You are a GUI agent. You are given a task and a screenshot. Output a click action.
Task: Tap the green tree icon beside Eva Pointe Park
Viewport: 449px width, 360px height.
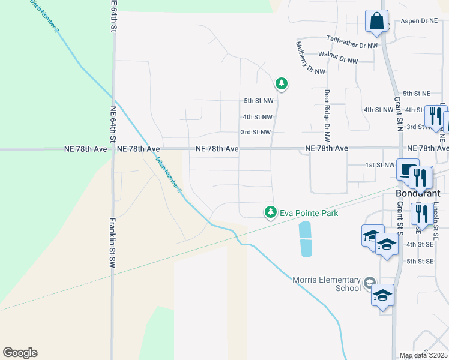pyautogui.click(x=271, y=212)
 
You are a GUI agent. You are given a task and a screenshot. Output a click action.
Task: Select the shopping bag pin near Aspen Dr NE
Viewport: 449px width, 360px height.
pyautogui.click(x=376, y=22)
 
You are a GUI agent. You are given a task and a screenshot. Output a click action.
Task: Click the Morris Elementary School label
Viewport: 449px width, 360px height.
pyautogui.click(x=327, y=284)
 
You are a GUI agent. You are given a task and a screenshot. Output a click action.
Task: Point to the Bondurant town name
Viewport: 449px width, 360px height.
pyautogui.click(x=418, y=194)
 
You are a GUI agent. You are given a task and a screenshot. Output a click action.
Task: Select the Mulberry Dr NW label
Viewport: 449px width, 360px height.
pyautogui.click(x=305, y=57)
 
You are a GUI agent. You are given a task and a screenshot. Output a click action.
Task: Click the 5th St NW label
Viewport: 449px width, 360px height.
pyautogui.click(x=258, y=101)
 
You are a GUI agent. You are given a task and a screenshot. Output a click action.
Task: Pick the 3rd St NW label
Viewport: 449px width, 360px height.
pyautogui.click(x=256, y=132)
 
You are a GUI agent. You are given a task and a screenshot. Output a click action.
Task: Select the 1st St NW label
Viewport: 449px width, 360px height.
pyautogui.click(x=381, y=164)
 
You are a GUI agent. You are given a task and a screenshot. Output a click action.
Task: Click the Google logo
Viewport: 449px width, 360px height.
pyautogui.click(x=20, y=353)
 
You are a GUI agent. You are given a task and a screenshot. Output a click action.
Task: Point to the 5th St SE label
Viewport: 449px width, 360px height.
pyautogui.click(x=420, y=261)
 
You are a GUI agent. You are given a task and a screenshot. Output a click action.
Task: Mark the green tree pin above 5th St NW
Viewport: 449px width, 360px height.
pyautogui.click(x=281, y=83)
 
